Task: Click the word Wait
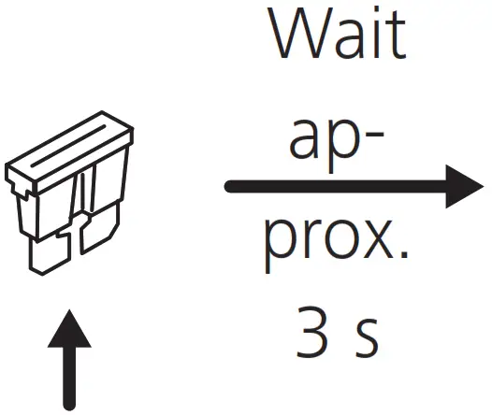coord(339,33)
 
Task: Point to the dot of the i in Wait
coord(376,11)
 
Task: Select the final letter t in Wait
coord(397,36)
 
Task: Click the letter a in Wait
coord(350,40)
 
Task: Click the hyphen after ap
coord(376,136)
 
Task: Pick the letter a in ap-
coord(304,139)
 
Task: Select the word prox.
coord(337,245)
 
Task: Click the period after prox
coord(404,254)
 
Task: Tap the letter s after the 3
coord(368,338)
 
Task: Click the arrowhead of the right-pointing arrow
coord(464,187)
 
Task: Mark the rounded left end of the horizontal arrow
coord(230,187)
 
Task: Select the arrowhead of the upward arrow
coord(69,329)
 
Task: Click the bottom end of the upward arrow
coord(69,407)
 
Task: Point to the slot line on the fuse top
coord(68,146)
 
